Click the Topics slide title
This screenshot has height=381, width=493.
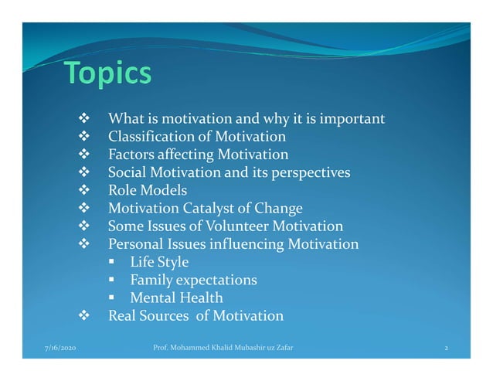click(107, 74)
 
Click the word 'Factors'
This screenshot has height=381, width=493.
click(132, 155)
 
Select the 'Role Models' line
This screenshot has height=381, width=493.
click(147, 190)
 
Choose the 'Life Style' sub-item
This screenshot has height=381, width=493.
click(158, 262)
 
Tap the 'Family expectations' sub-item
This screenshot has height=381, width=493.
click(193, 280)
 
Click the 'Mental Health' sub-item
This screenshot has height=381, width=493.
click(176, 298)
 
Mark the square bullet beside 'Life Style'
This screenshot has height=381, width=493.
click(112, 262)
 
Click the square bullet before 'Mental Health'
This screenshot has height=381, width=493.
click(112, 298)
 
